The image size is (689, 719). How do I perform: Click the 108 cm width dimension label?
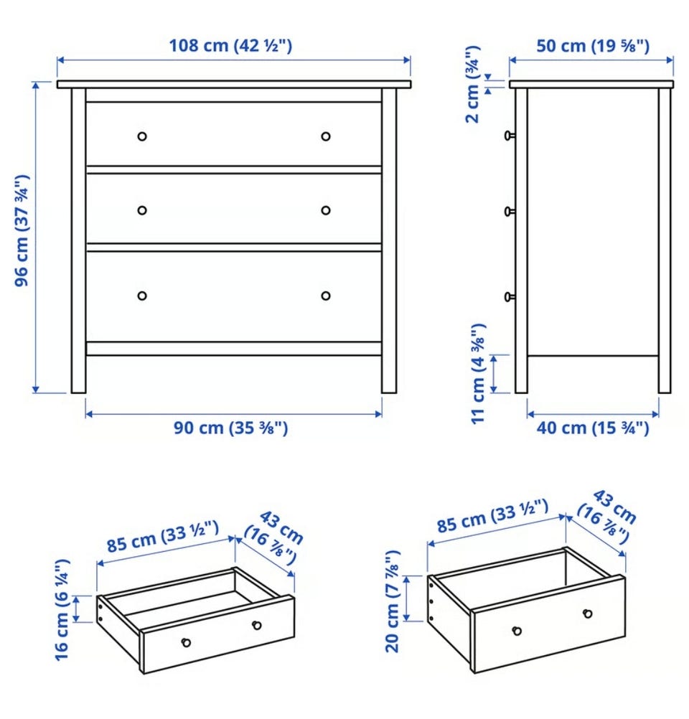[x=230, y=46]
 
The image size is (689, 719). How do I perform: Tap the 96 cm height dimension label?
[x=22, y=230]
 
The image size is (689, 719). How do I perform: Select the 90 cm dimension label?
[x=230, y=428]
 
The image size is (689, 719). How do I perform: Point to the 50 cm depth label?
[x=593, y=46]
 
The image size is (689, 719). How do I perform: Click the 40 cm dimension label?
[x=593, y=428]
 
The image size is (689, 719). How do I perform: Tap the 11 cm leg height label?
[x=478, y=374]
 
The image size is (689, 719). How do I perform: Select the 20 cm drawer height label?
[x=393, y=601]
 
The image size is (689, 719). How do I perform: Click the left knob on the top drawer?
[x=142, y=136]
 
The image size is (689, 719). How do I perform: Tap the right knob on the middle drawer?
[x=326, y=210]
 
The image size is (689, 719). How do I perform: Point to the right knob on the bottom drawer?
[x=326, y=296]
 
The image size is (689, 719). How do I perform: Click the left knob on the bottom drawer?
[x=142, y=296]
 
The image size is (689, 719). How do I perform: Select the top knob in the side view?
[x=509, y=136]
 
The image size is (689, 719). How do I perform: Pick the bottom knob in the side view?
[x=509, y=297]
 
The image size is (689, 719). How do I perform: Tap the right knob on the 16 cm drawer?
[x=257, y=625]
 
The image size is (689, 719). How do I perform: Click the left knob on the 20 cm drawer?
[x=517, y=631]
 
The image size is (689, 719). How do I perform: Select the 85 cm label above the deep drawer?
[x=492, y=517]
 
